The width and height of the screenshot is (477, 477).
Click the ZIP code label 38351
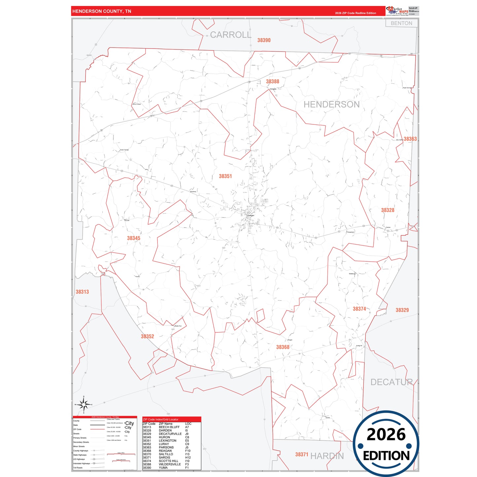pyautogui.click(x=225, y=176)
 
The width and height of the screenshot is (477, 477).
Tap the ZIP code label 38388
pyautogui.click(x=273, y=82)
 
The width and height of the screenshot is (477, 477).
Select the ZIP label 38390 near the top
pyautogui.click(x=264, y=40)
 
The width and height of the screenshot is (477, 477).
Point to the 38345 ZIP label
pyautogui.click(x=134, y=238)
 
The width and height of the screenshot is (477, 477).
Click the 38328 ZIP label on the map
pyautogui.click(x=388, y=210)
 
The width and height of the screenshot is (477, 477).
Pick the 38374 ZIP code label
pyautogui.click(x=359, y=309)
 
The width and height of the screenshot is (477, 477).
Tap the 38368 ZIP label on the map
pyautogui.click(x=283, y=347)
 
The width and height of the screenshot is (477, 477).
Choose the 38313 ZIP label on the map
pyautogui.click(x=82, y=292)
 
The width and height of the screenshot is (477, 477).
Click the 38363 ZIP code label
pyautogui.click(x=410, y=139)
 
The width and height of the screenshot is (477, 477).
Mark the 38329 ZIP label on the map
pyautogui.click(x=402, y=310)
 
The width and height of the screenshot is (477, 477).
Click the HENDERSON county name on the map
pyautogui.click(x=331, y=105)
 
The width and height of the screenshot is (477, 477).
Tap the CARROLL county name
pyautogui.click(x=231, y=35)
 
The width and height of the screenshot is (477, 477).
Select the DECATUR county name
pyautogui.click(x=392, y=382)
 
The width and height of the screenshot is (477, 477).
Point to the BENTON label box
pyautogui.click(x=401, y=23)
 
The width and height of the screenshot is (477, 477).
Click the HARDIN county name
pyautogui.click(x=327, y=456)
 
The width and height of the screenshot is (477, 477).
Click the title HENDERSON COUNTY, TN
pyautogui.click(x=102, y=11)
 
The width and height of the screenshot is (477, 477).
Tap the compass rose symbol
pyautogui.click(x=84, y=404)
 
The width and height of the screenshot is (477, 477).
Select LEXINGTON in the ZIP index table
pyautogui.click(x=167, y=441)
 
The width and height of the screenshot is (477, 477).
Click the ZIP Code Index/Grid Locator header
pyautogui.click(x=160, y=420)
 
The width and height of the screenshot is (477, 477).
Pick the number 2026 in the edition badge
pyautogui.click(x=386, y=434)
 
